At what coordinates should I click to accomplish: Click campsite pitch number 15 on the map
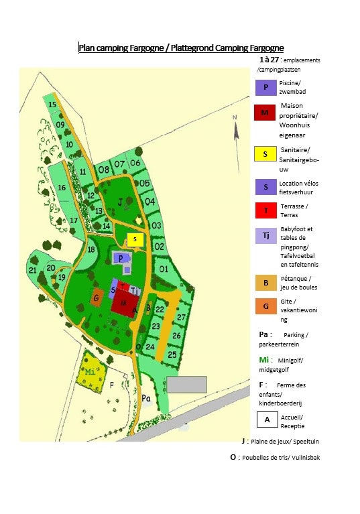[x=52, y=105]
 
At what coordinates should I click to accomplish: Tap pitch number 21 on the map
[x=33, y=271]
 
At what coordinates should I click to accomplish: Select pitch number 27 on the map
[x=181, y=317]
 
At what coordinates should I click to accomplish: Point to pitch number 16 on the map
[x=62, y=188]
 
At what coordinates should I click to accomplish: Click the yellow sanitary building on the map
[x=135, y=239]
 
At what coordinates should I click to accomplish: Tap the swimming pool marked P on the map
[x=121, y=258]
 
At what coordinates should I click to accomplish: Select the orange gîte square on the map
[x=97, y=298]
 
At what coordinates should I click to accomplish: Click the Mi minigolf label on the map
[x=90, y=372]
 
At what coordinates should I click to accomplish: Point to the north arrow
[x=236, y=129]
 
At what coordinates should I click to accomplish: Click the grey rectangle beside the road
[x=186, y=384]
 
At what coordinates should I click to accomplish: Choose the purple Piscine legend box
[x=265, y=87]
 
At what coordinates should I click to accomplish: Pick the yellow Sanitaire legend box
[x=265, y=154]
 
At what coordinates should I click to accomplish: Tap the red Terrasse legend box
[x=265, y=210]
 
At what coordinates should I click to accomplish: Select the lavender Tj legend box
[x=265, y=236]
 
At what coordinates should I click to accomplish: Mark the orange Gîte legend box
[x=265, y=308]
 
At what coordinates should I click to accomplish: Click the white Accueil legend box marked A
[x=267, y=420]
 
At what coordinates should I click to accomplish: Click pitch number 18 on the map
[x=91, y=250]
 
